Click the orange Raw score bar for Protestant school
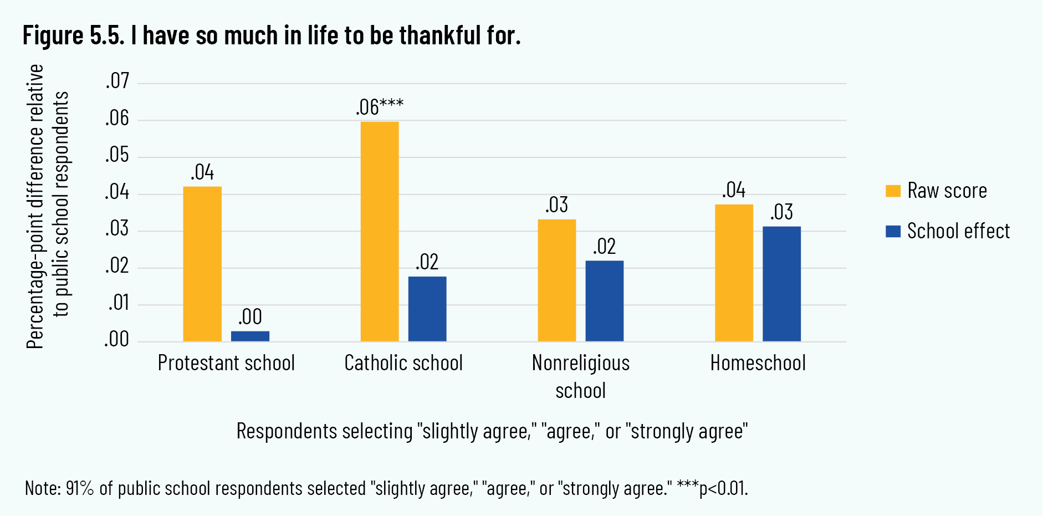[x=202, y=264]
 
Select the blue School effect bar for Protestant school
[x=250, y=336]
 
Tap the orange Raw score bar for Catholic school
[x=380, y=231]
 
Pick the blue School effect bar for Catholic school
[x=427, y=309]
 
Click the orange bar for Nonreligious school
[x=557, y=280]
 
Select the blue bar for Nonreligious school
[x=605, y=300]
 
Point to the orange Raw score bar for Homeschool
[x=734, y=273]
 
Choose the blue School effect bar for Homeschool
[x=781, y=283]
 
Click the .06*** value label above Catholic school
[x=380, y=107]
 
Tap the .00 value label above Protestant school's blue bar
[x=250, y=317]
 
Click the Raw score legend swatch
[x=893, y=191]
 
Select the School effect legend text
[x=958, y=231]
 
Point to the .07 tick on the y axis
[x=117, y=81]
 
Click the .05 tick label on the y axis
[x=117, y=155]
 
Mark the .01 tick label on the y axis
[x=118, y=303]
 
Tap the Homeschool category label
[x=758, y=363]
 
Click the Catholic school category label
[x=403, y=363]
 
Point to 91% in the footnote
[x=80, y=488]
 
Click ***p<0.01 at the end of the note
[x=712, y=488]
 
